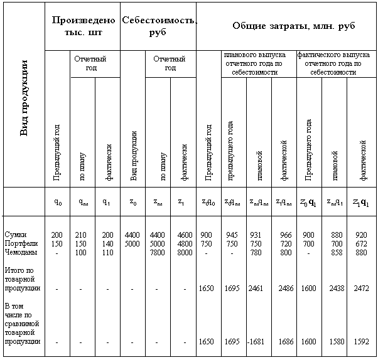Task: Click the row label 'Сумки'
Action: click(x=14, y=235)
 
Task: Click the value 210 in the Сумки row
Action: click(x=81, y=235)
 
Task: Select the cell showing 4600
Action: click(x=184, y=235)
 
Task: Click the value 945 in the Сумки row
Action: click(x=232, y=235)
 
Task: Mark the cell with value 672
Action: click(x=360, y=243)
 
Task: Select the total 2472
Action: click(x=360, y=288)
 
